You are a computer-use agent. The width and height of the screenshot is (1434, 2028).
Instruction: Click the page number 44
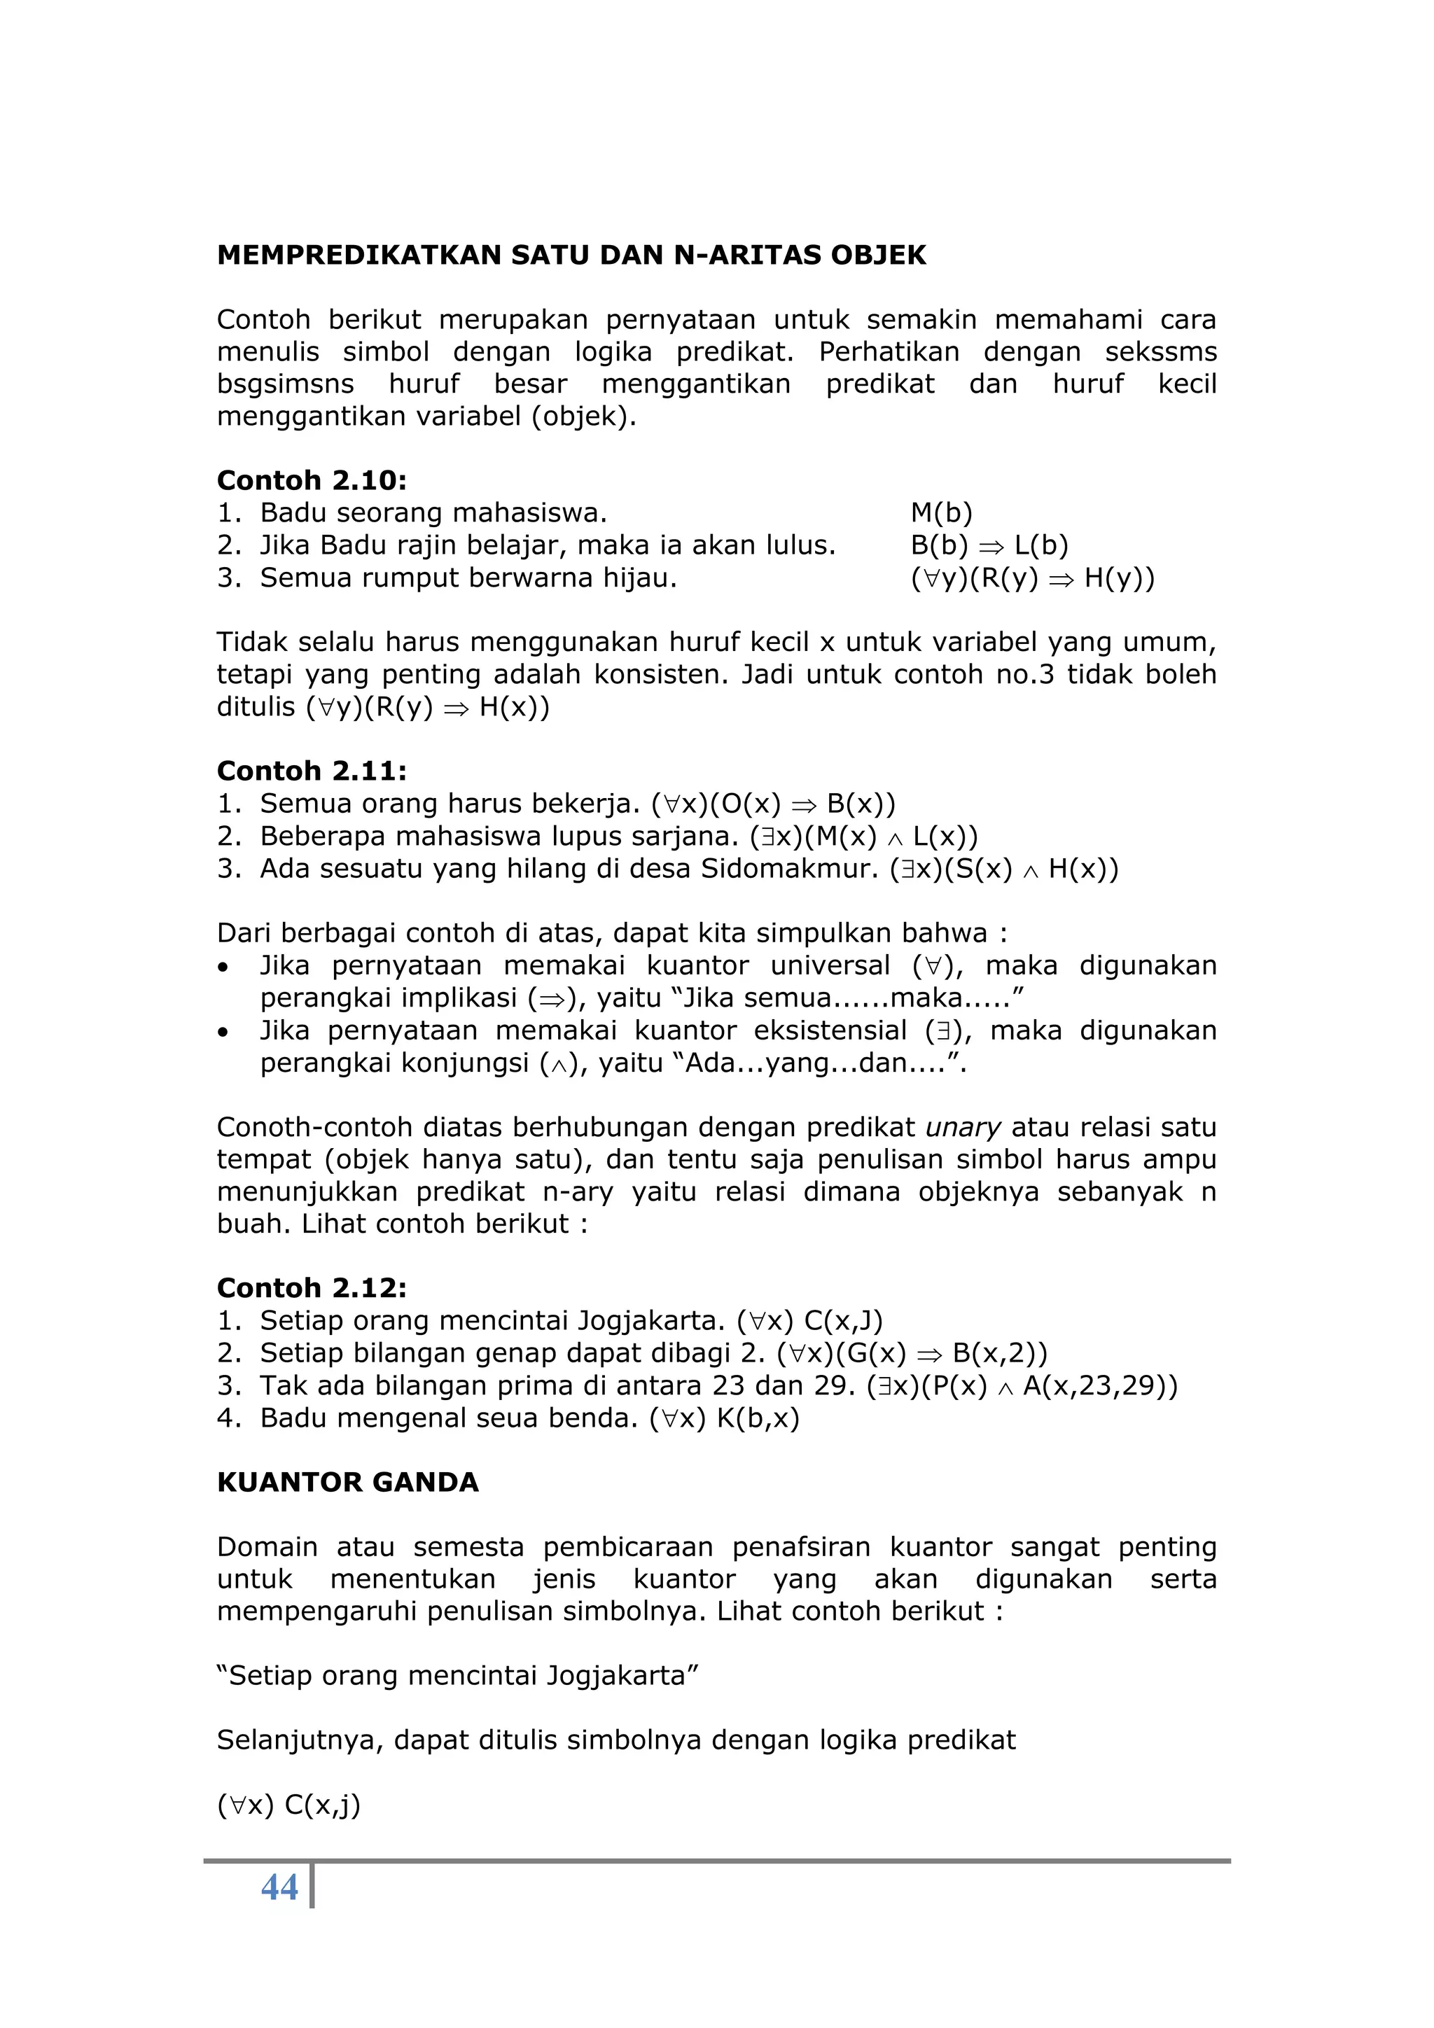[x=279, y=1887]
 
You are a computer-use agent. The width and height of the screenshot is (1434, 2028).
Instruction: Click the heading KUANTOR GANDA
[x=347, y=1482]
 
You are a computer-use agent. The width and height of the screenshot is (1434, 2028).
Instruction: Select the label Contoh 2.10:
[x=311, y=480]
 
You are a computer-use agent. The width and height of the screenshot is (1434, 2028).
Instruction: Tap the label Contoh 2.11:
[x=311, y=771]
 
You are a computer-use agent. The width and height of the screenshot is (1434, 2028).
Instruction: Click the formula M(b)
[x=941, y=513]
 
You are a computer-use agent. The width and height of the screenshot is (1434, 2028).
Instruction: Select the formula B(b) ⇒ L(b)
[x=989, y=546]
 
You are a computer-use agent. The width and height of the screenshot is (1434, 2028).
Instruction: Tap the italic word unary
[x=962, y=1128]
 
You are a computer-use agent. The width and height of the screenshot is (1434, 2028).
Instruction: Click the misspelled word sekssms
[x=1160, y=352]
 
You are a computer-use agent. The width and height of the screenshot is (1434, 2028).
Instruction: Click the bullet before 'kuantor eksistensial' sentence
[x=225, y=1032]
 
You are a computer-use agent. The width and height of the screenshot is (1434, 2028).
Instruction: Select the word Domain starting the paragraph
[x=267, y=1548]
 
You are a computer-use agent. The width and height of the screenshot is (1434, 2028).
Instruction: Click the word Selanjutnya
[x=300, y=1741]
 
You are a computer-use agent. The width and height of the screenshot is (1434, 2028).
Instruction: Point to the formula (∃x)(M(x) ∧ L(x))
[x=863, y=837]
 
